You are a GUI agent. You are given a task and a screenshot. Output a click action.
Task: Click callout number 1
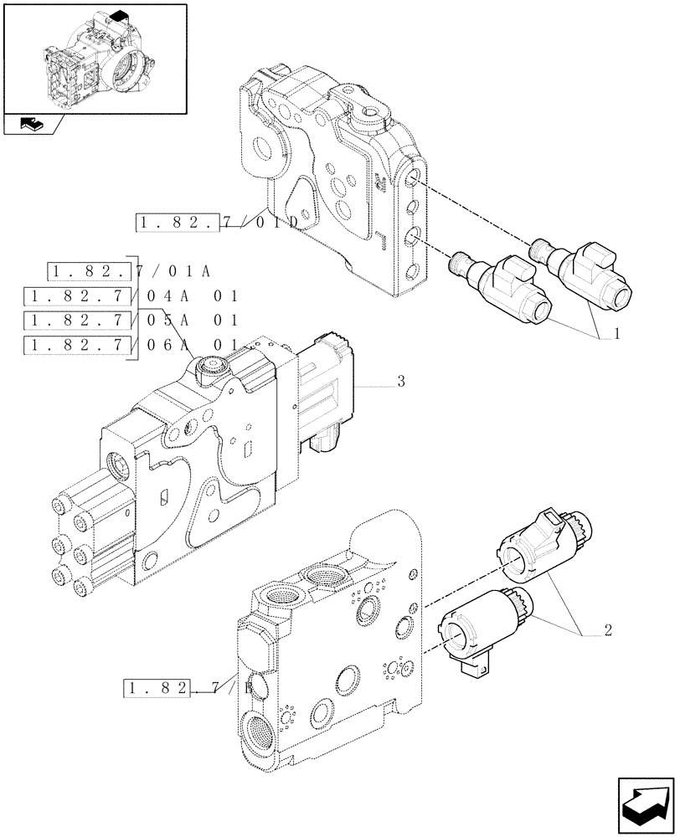[x=616, y=334]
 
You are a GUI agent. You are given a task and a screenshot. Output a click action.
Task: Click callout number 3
[x=401, y=383]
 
